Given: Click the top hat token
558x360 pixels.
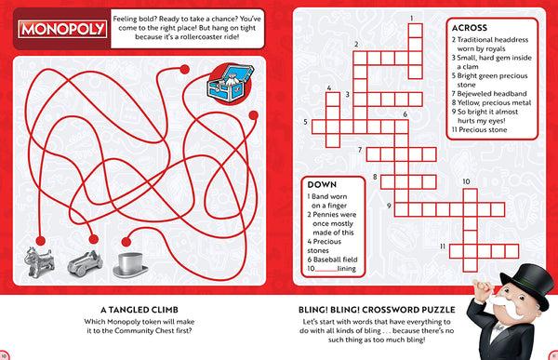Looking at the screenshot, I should click(x=129, y=262).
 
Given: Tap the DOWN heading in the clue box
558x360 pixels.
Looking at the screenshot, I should click(x=320, y=184).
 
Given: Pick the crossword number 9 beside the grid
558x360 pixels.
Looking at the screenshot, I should click(x=388, y=207).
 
